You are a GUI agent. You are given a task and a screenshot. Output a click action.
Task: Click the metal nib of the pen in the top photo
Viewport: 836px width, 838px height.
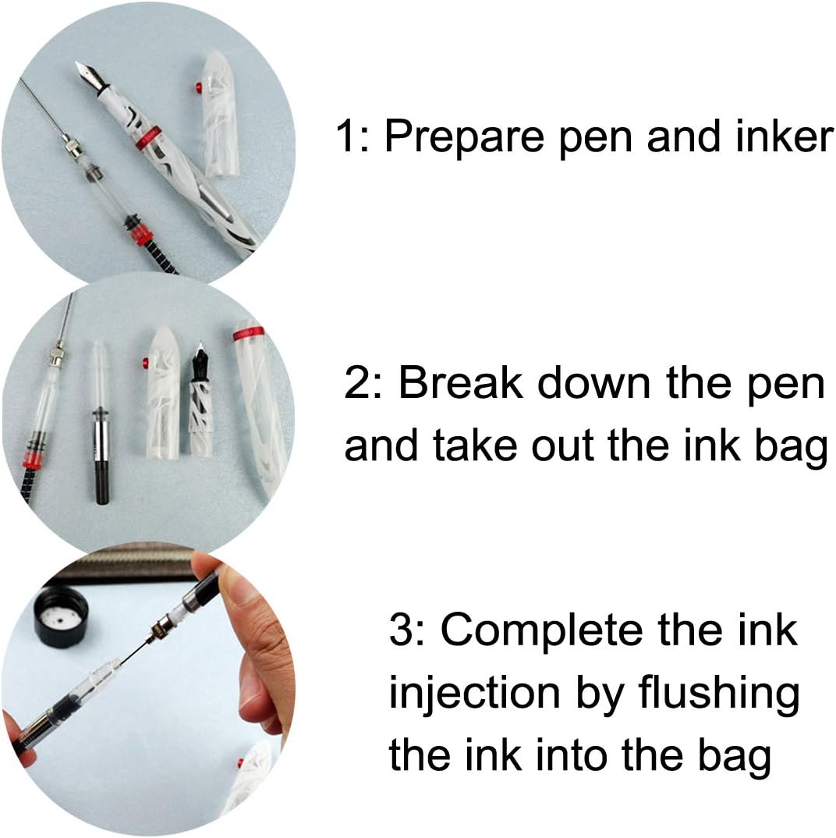pyautogui.click(x=87, y=76)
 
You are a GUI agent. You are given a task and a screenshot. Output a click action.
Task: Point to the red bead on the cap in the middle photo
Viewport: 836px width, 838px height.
pyautogui.click(x=144, y=361)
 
